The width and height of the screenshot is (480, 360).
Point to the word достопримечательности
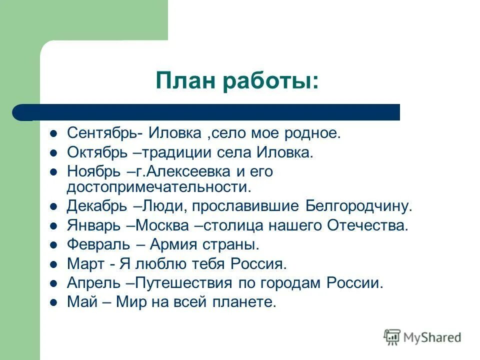pos(157,187)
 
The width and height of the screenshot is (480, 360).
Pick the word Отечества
pos(367,225)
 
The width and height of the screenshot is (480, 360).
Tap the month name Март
pos(82,264)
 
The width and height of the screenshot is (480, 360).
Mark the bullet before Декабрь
pos(54,206)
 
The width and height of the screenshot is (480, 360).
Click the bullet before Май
pos(54,302)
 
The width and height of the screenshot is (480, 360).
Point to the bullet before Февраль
pos(54,245)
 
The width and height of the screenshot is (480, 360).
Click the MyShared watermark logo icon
pos(392,337)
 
